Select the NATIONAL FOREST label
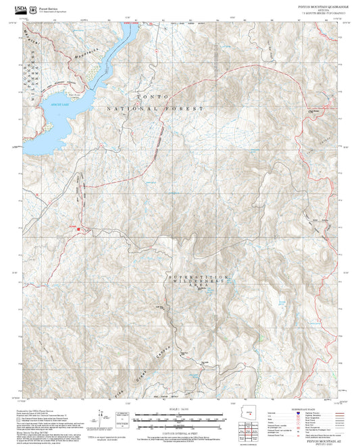(155, 108)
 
